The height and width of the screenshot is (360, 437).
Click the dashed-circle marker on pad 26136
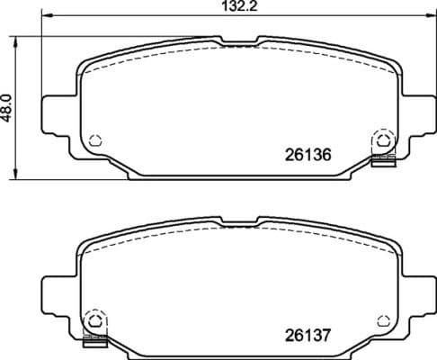pyautogui.click(x=382, y=141)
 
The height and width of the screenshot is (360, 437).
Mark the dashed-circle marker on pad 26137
pyautogui.click(x=92, y=320)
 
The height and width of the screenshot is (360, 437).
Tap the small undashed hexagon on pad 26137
pyautogui.click(x=384, y=319)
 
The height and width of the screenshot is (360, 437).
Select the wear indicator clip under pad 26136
pyautogui.click(x=383, y=161)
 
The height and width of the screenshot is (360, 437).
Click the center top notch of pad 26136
pyautogui.click(x=238, y=41)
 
